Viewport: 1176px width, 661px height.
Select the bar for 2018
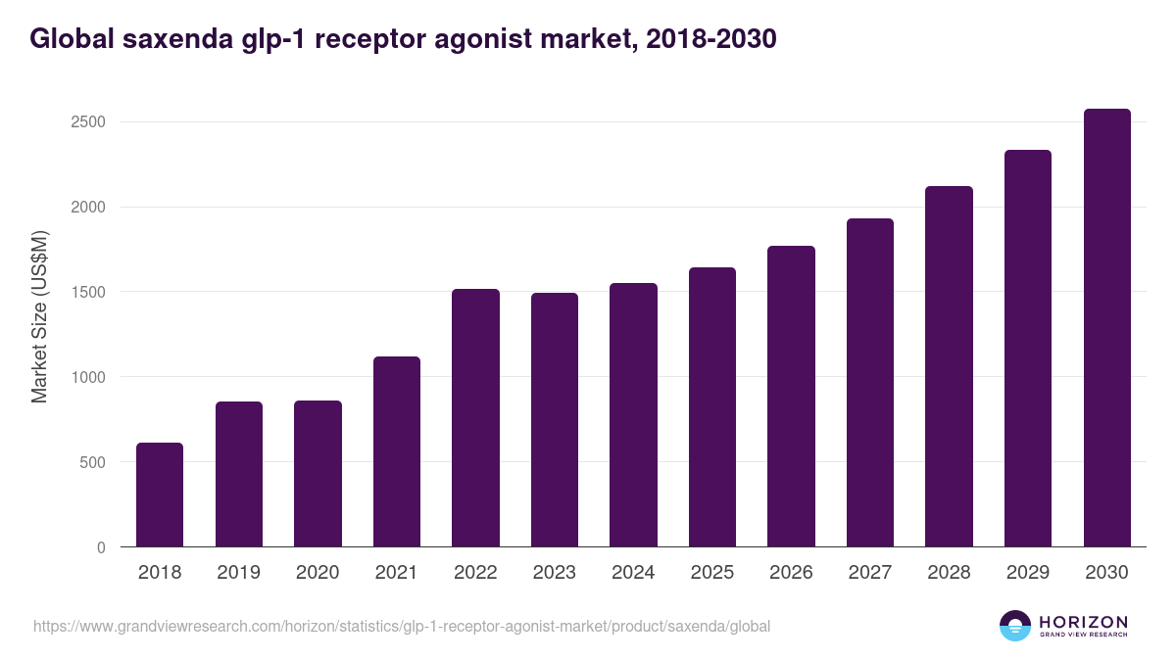click(160, 495)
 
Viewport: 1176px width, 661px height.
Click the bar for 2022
click(475, 418)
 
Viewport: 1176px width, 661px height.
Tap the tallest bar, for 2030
click(1106, 328)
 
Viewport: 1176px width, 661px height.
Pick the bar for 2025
click(712, 407)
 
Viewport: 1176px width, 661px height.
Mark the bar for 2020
click(318, 474)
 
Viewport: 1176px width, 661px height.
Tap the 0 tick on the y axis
click(100, 547)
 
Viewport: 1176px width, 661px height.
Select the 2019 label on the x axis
click(238, 572)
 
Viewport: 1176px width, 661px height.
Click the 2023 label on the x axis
click(554, 572)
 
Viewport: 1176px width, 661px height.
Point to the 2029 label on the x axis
click(1028, 572)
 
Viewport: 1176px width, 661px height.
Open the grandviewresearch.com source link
click(402, 626)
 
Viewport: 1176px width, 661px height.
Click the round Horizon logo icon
click(1015, 626)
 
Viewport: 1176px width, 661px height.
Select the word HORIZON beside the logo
click(1083, 621)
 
